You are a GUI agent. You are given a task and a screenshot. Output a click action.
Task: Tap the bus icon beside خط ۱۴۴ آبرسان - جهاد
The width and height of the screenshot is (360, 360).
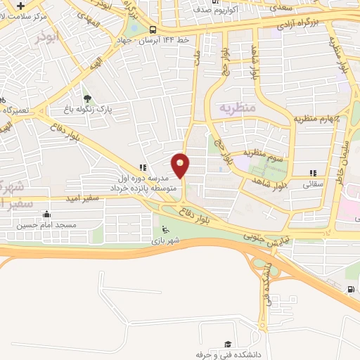pyautogui.click(x=153, y=30)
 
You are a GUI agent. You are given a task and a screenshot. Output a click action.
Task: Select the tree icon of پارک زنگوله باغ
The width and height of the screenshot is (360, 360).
pyautogui.click(x=88, y=100)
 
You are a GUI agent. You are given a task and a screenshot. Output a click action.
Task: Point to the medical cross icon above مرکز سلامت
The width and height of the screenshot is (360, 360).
pyautogui.click(x=22, y=5)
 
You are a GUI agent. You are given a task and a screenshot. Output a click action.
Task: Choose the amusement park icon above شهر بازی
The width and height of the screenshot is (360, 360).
pyautogui.click(x=165, y=229)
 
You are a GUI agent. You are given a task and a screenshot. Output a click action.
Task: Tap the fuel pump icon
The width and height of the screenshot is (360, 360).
pyautogui.click(x=350, y=289)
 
